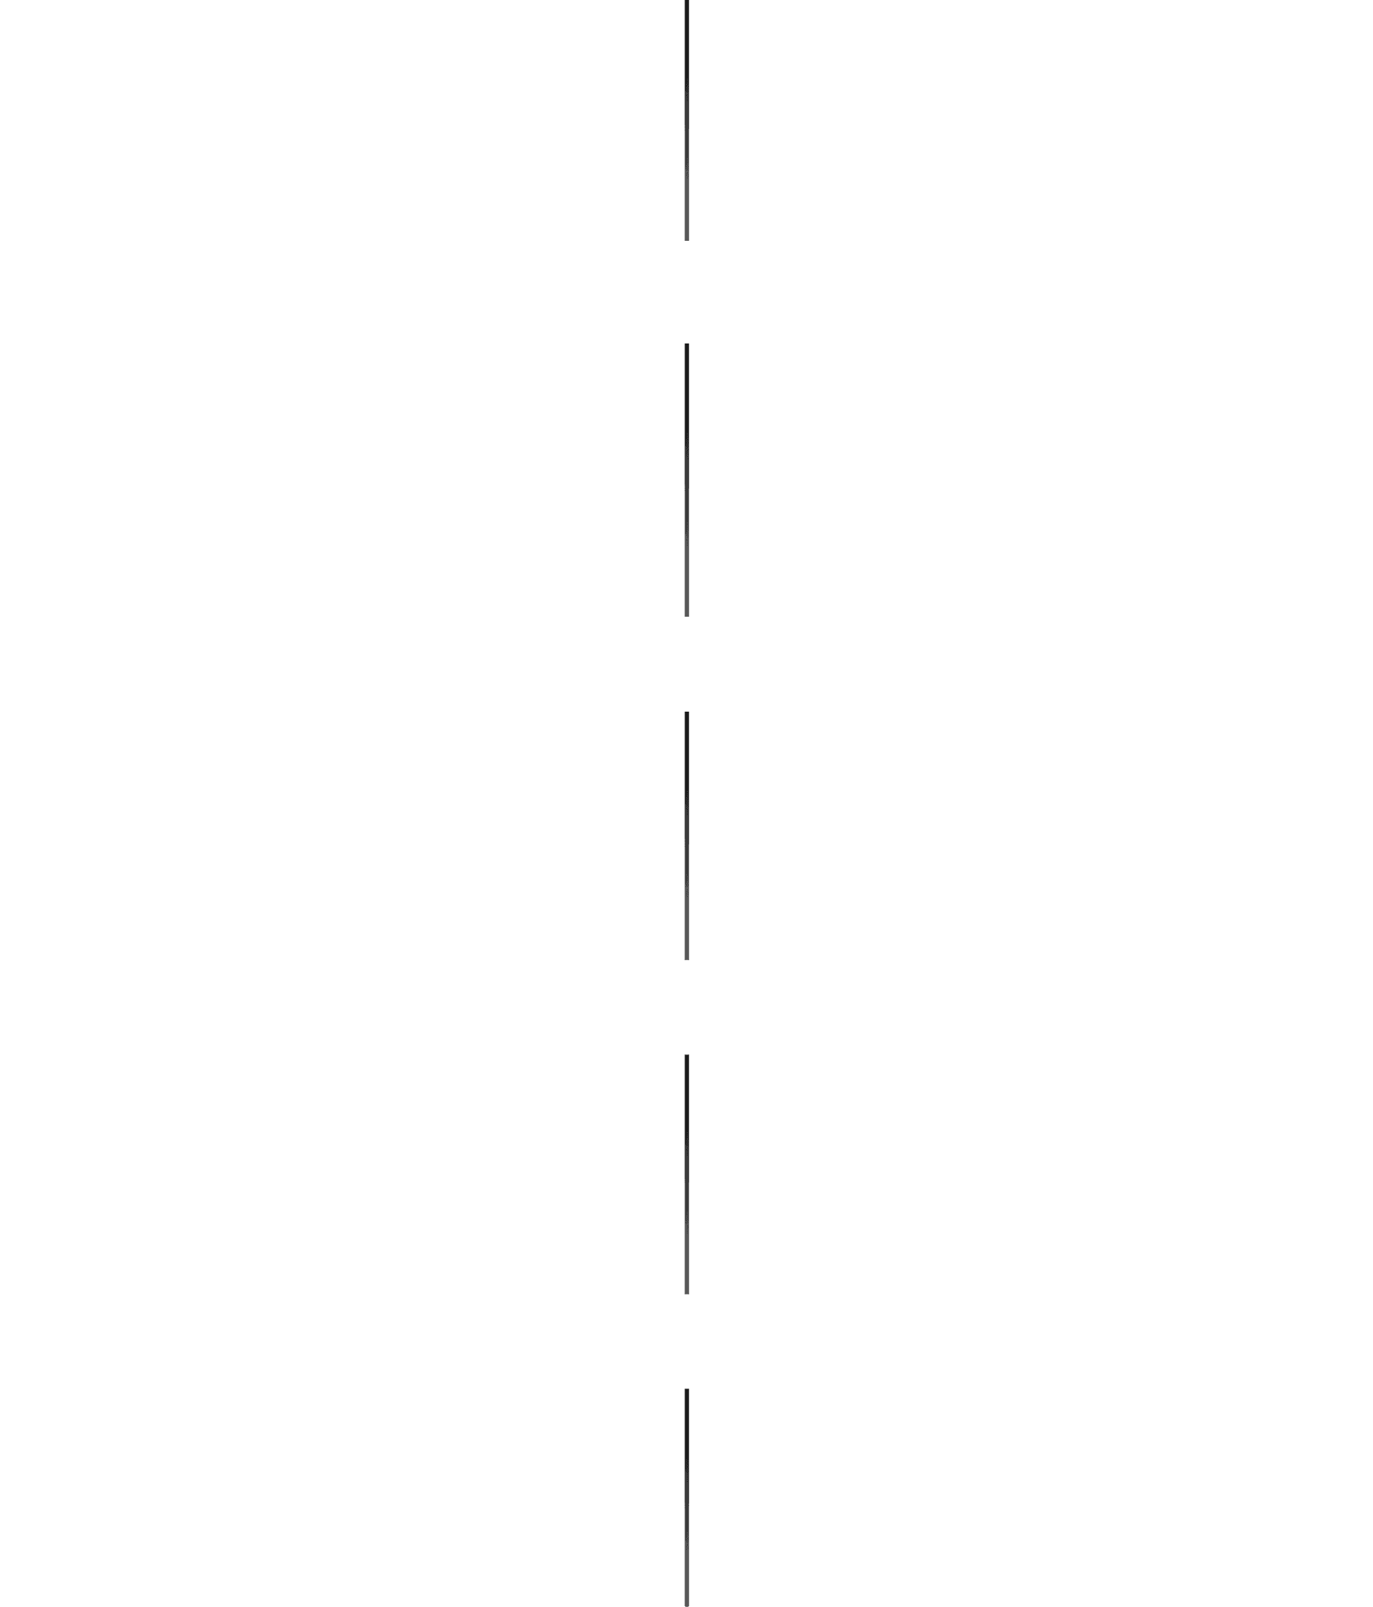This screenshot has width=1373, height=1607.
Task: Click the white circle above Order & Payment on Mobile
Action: [x=752, y=33]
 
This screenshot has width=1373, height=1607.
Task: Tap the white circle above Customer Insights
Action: [x=620, y=377]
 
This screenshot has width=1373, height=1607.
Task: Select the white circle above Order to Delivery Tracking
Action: [x=752, y=745]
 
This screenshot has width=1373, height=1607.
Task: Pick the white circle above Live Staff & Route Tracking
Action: [x=620, y=1088]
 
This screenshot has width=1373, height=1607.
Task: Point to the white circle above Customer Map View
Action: [x=752, y=1423]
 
